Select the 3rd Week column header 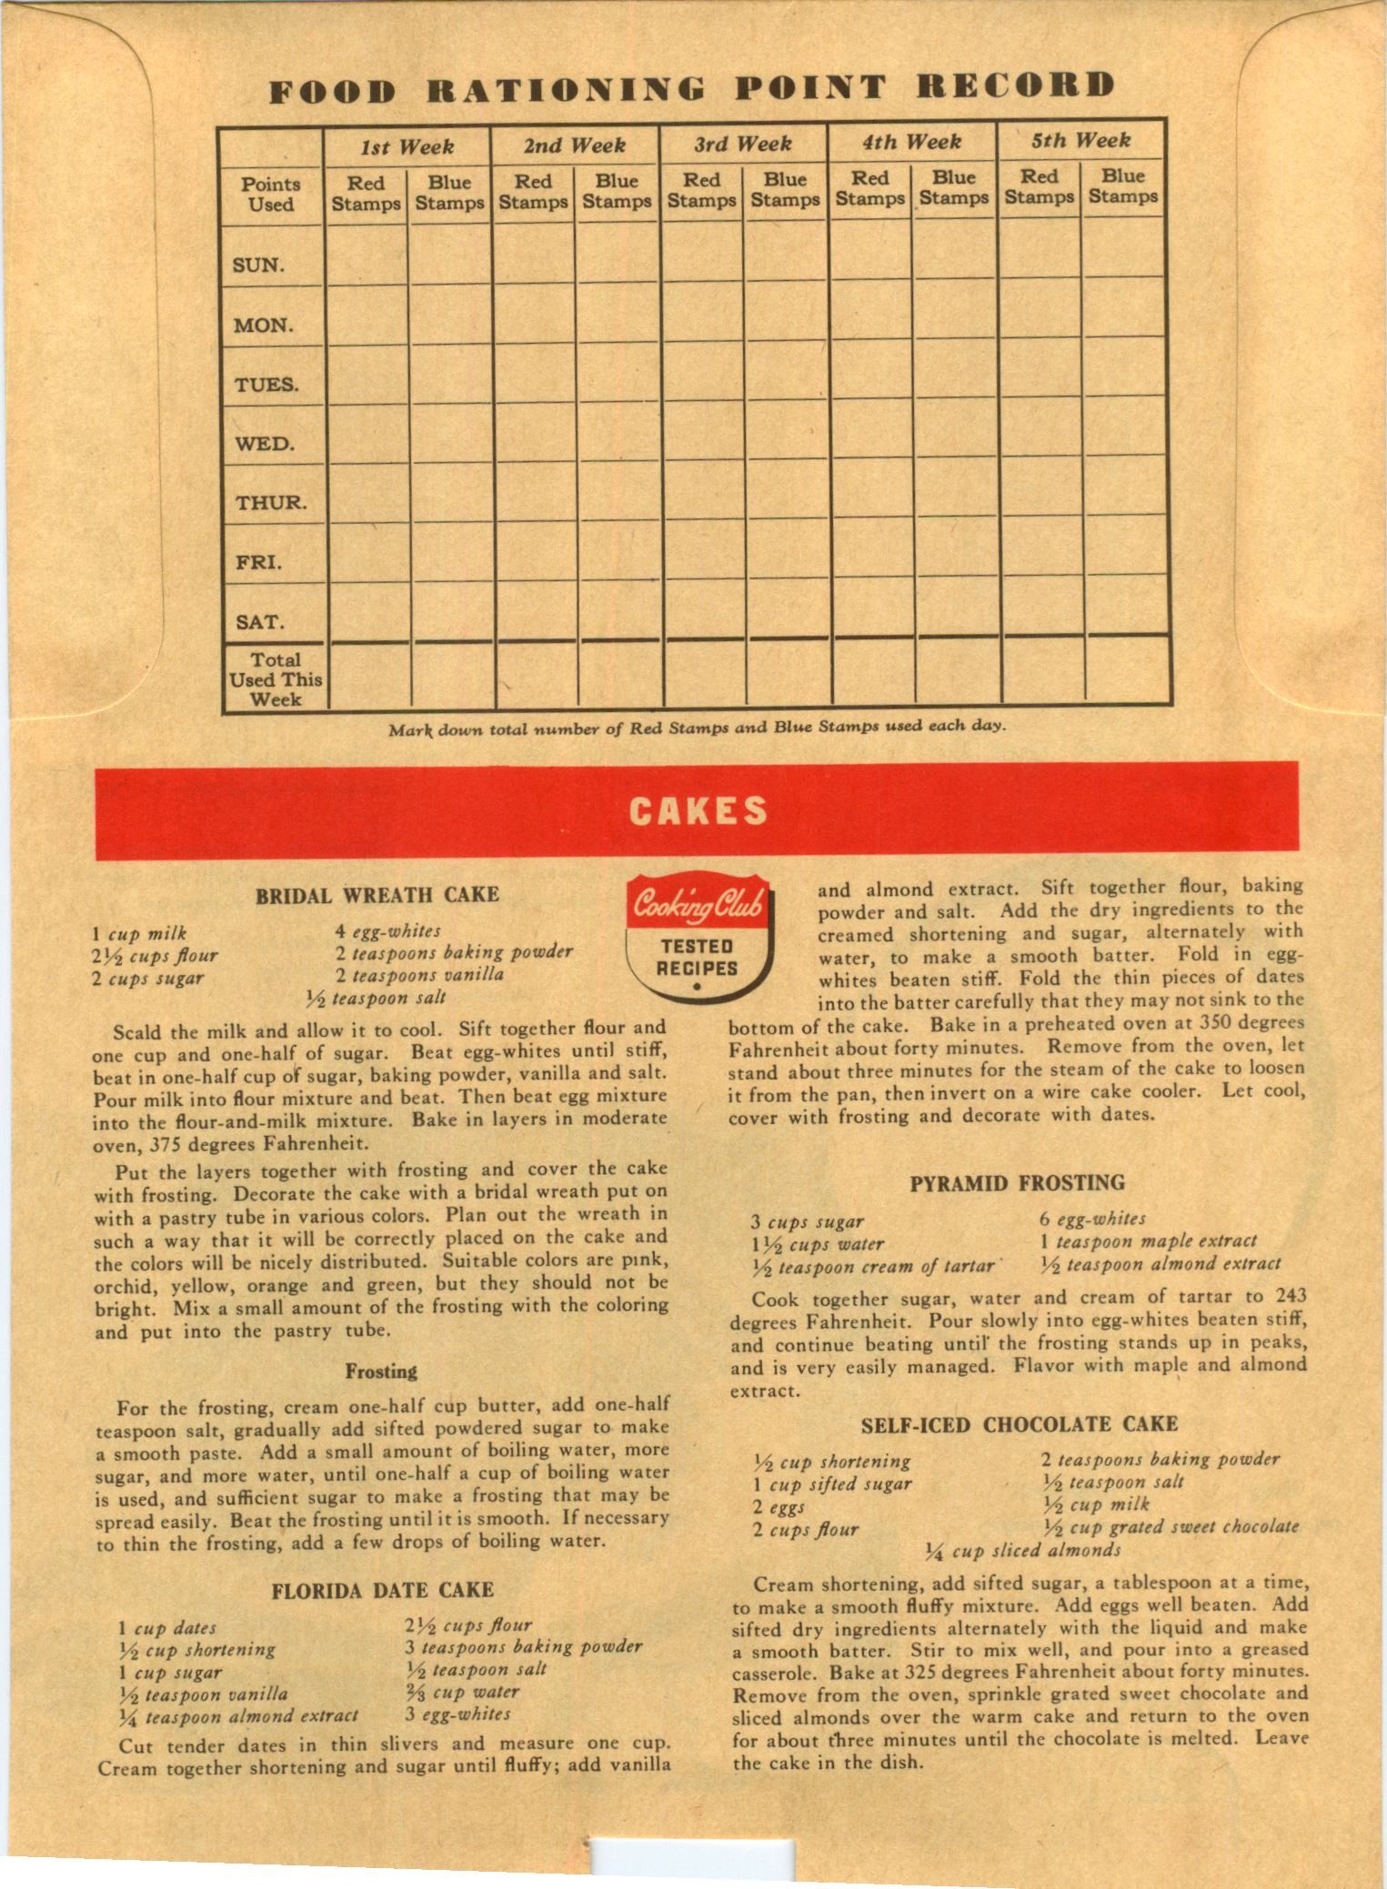742,144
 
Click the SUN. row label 259,266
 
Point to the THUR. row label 271,503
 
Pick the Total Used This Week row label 275,679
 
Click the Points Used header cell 270,194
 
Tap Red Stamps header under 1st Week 366,194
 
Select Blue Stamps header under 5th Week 1122,186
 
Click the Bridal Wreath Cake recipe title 377,895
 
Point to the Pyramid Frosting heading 1017,1183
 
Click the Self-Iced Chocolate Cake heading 1019,1424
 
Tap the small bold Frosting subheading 381,1372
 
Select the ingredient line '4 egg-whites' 387,931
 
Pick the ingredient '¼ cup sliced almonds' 1022,1550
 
